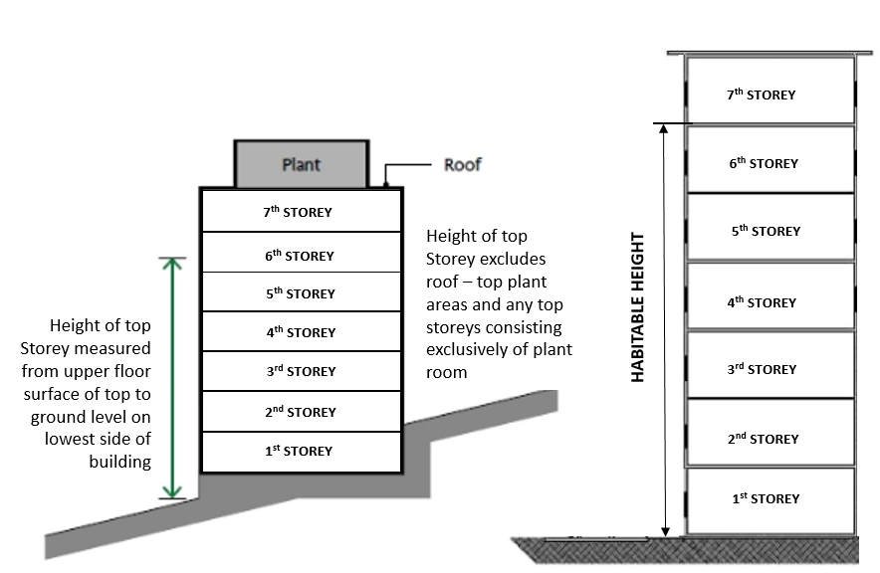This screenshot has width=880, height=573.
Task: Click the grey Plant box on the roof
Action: [300, 164]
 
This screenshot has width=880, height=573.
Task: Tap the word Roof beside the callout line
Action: [462, 164]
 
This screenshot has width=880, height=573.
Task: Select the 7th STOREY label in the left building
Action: [299, 212]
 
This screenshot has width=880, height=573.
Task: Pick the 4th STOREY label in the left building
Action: [301, 332]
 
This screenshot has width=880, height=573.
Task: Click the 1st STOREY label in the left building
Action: [299, 451]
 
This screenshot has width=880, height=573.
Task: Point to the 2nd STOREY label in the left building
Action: [301, 412]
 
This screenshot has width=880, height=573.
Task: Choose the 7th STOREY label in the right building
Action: [762, 95]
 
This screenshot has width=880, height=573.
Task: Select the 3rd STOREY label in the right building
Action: [762, 369]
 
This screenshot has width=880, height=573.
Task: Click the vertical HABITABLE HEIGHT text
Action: [638, 307]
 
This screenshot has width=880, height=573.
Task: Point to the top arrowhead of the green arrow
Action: [174, 262]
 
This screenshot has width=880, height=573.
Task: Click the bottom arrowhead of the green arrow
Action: [174, 493]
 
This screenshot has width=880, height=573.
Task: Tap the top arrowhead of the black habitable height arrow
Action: [665, 128]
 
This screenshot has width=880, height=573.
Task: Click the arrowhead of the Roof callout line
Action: [386, 182]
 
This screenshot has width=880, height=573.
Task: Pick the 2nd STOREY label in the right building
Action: [763, 439]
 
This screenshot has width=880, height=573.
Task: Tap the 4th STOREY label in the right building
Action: [763, 302]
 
